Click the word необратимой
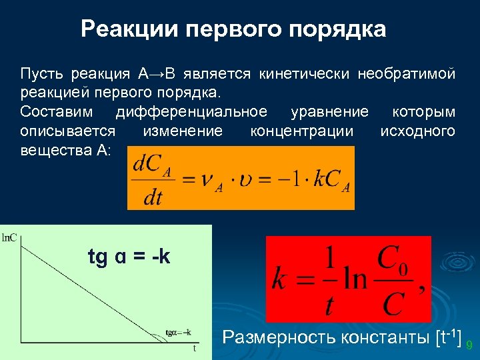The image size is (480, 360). (406, 73)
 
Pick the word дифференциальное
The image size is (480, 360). (191, 111)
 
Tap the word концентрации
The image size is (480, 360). (301, 131)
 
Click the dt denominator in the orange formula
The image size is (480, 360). (153, 198)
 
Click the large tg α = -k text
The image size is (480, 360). (129, 256)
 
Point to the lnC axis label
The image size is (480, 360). (11, 236)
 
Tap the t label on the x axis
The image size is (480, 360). (195, 348)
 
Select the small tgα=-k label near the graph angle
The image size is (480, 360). (178, 332)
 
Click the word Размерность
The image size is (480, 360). (279, 337)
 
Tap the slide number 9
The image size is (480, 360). (469, 345)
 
